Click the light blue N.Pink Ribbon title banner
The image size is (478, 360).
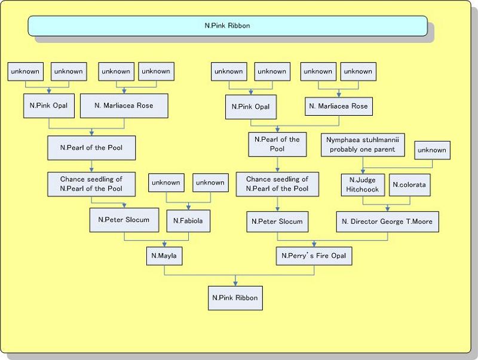227,26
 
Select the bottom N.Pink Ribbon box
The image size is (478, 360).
235,296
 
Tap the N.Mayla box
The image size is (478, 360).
165,256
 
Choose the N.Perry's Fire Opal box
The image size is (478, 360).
314,256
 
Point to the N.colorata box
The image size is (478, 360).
409,184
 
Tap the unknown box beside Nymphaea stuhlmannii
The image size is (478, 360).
431,150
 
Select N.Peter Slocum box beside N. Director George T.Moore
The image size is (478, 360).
277,221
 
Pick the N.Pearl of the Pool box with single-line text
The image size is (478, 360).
91,147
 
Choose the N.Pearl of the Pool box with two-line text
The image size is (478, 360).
277,144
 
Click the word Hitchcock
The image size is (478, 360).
363,189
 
